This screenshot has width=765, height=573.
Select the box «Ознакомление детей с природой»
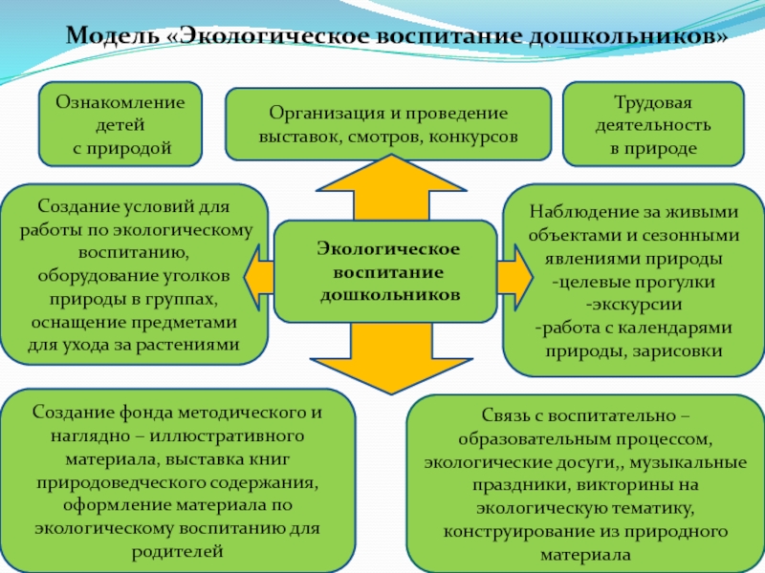(x=120, y=123)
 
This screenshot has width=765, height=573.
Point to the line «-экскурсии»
(x=634, y=305)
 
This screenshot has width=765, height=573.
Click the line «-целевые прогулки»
(x=634, y=282)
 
